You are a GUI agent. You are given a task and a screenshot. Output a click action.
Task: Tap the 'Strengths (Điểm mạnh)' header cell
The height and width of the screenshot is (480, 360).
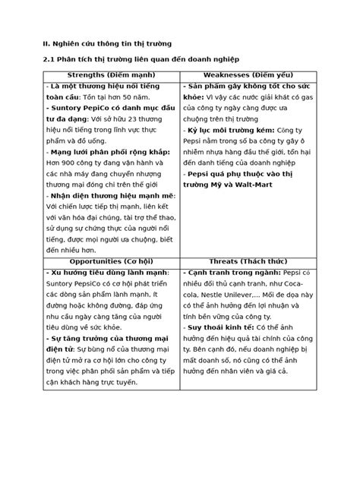110,75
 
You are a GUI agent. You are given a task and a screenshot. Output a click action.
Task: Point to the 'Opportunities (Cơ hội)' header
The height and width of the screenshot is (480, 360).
110,261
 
